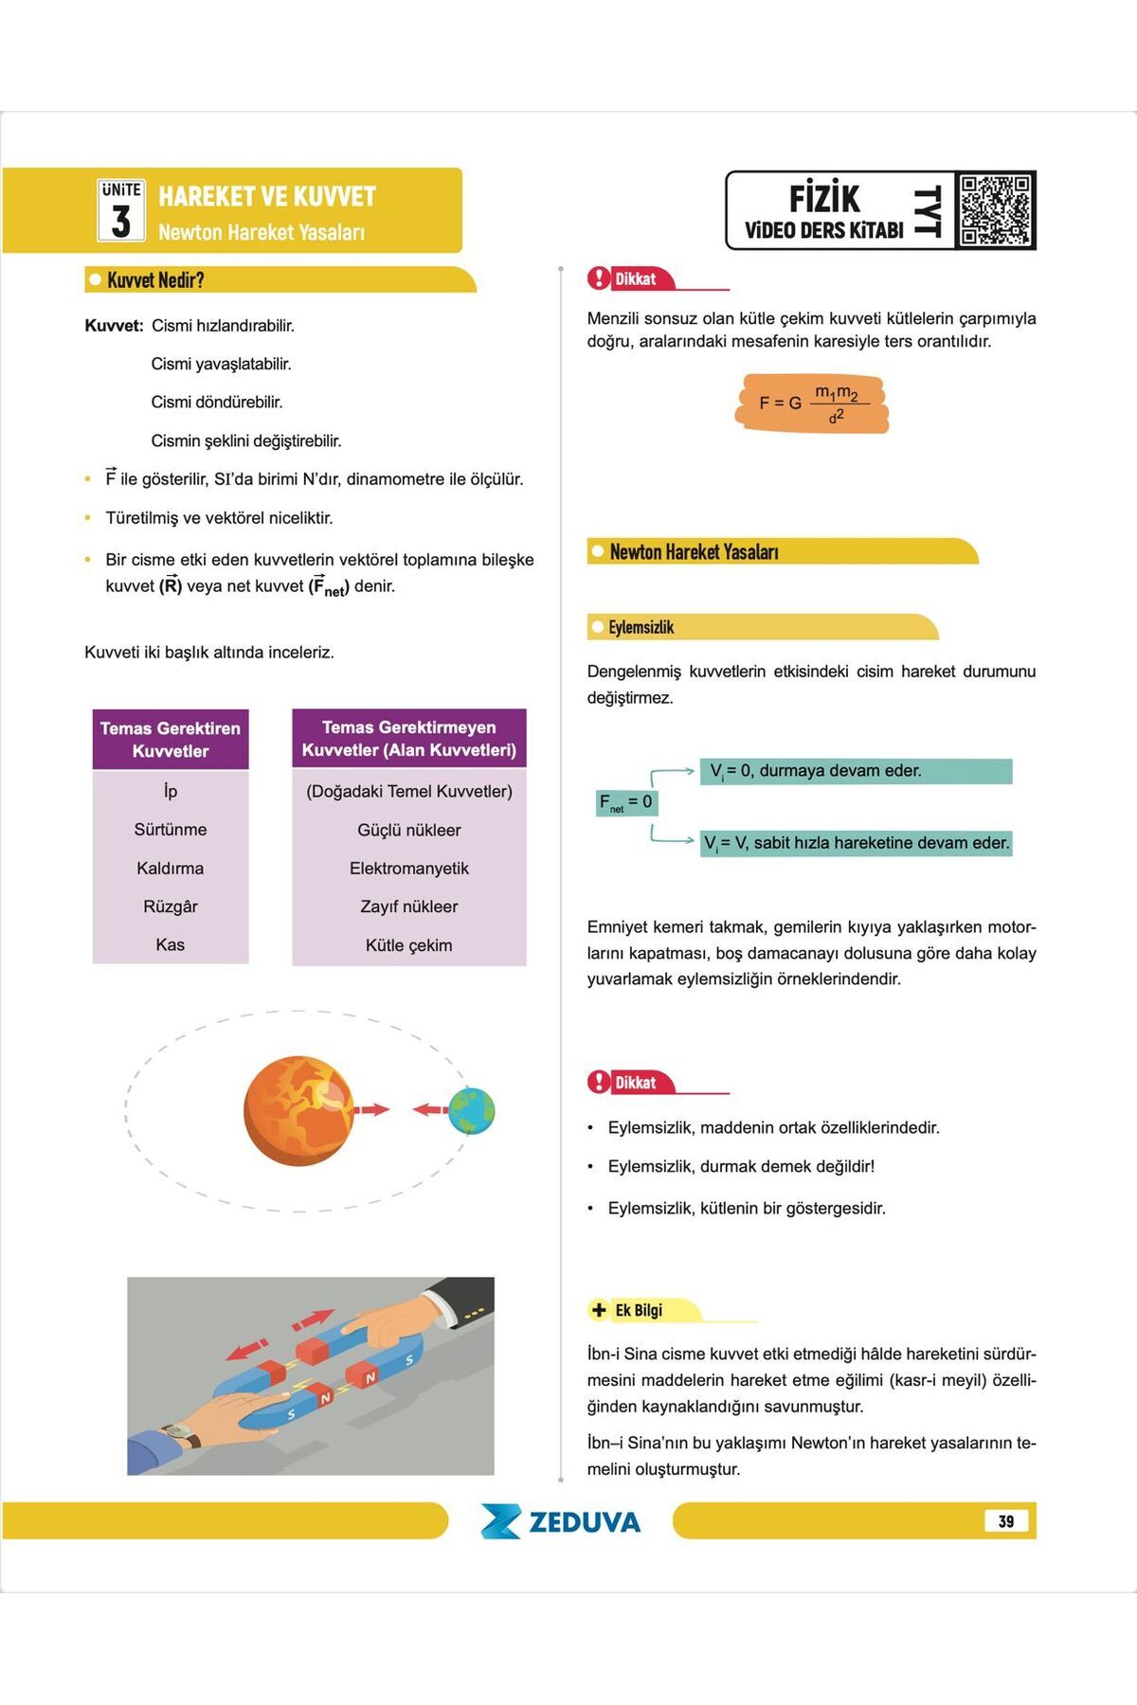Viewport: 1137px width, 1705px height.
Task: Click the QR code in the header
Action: pyautogui.click(x=994, y=209)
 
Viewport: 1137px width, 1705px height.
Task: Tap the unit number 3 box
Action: pyautogui.click(x=120, y=210)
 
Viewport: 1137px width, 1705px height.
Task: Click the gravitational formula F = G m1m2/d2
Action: pyautogui.click(x=812, y=404)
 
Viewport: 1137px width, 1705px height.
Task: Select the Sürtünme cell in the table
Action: pyautogui.click(x=171, y=830)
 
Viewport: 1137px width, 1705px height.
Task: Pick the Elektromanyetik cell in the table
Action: pyautogui.click(x=408, y=869)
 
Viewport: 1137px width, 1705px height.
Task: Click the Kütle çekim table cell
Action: pyautogui.click(x=408, y=945)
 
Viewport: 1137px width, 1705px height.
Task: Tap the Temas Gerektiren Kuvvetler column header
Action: pyautogui.click(x=171, y=740)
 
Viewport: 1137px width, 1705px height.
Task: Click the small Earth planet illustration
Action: pyautogui.click(x=472, y=1111)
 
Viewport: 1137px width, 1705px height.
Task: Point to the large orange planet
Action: pyautogui.click(x=298, y=1110)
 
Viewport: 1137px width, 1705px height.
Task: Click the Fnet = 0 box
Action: pyautogui.click(x=625, y=803)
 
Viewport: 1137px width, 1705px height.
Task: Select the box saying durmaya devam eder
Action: pyautogui.click(x=856, y=771)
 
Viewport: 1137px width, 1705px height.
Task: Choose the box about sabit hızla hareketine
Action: pyautogui.click(x=856, y=843)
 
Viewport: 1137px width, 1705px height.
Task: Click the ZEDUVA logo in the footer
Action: pyautogui.click(x=561, y=1521)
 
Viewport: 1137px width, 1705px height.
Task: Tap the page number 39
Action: pyautogui.click(x=1006, y=1521)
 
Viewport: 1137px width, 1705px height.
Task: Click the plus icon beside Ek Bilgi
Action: pyautogui.click(x=599, y=1310)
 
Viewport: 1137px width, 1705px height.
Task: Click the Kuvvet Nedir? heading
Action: pyautogui.click(x=155, y=280)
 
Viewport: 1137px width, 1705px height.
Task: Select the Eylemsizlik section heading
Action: pyautogui.click(x=641, y=628)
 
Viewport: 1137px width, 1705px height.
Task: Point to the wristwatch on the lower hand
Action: pyautogui.click(x=182, y=1435)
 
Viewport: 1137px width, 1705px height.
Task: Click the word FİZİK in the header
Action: pyautogui.click(x=824, y=199)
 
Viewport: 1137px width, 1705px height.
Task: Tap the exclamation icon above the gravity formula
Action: pyautogui.click(x=599, y=278)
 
